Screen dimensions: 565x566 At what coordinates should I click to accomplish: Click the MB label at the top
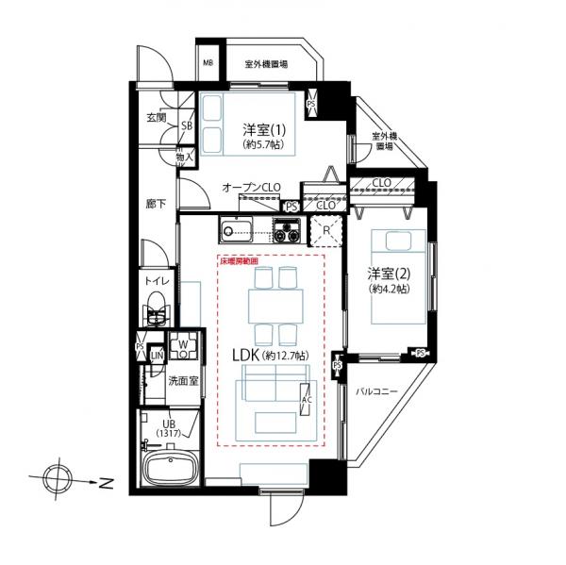[x=208, y=64]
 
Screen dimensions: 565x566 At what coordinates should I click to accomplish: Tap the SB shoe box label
[x=186, y=125]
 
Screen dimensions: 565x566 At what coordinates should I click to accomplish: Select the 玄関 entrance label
[x=157, y=118]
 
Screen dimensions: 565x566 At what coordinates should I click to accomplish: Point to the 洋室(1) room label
[x=263, y=129]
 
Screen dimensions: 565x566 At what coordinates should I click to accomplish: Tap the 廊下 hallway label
[x=156, y=203]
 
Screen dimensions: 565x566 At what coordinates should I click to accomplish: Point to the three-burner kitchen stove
[x=287, y=228]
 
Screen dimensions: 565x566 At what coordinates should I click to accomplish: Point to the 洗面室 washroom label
[x=182, y=382]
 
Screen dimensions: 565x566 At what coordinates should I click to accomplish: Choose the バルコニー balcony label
[x=376, y=391]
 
